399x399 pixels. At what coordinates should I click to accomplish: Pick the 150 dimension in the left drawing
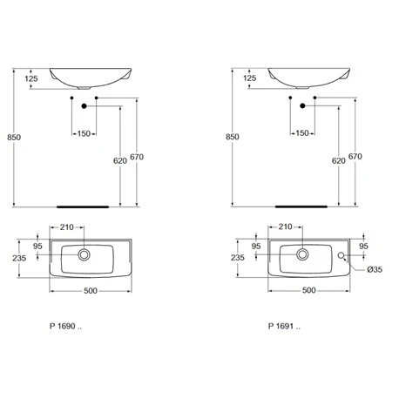point(84,133)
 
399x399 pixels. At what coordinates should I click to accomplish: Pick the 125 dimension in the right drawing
point(250,79)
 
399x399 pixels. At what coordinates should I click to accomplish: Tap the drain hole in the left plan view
point(84,255)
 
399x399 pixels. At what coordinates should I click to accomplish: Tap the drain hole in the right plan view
point(301,255)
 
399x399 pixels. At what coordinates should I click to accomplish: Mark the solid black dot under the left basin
point(84,106)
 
